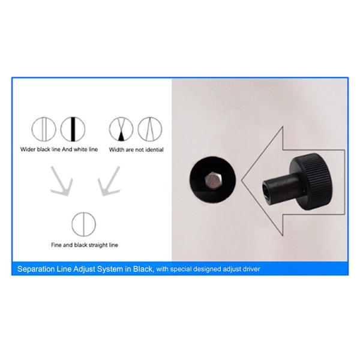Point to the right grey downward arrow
coord(109,182)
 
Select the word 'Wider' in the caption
coord(28,149)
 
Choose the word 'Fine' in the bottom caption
coord(56,245)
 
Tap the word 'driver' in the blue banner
coord(251,269)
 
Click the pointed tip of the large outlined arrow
coord(241,181)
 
